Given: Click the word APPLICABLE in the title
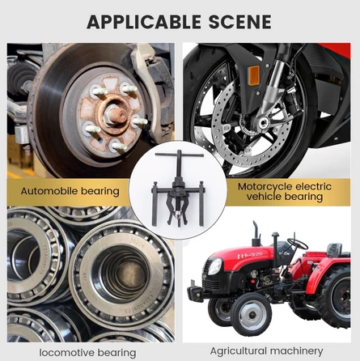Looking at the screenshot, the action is click(144, 22).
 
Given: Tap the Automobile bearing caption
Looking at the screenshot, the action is click(70, 191).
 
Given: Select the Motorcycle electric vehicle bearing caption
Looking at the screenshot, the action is click(285, 192).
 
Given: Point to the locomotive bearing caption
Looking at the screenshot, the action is click(87, 353).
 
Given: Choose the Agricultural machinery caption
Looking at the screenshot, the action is click(266, 351).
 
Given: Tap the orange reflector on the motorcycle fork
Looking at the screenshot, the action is click(254, 75).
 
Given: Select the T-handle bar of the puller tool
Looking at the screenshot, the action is click(180, 155).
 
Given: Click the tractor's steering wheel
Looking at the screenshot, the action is click(297, 244).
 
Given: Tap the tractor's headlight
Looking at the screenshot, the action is click(215, 266).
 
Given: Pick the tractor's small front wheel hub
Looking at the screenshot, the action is click(252, 315).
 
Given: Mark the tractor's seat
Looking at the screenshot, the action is click(335, 250).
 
